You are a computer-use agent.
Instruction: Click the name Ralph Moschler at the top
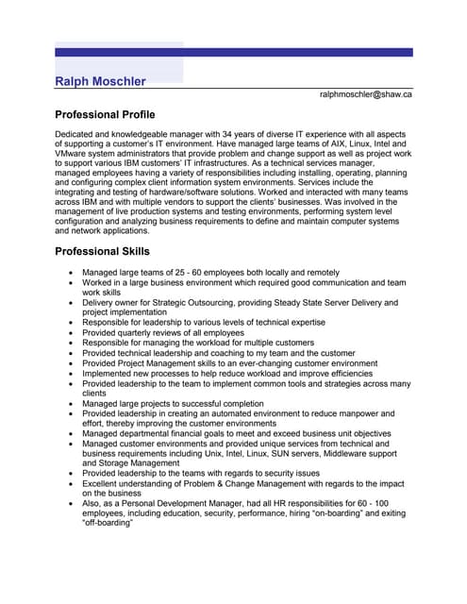pos(100,81)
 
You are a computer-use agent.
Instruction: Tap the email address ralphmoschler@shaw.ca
pos(365,94)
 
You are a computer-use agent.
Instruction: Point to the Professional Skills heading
pos(102,252)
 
